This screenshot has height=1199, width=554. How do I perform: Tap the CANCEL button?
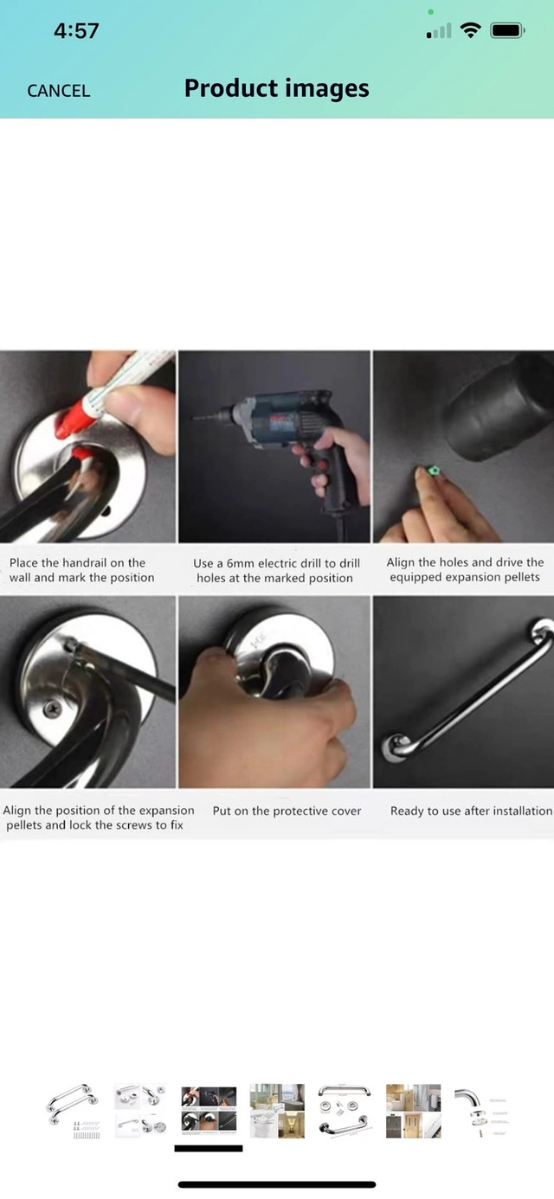click(58, 91)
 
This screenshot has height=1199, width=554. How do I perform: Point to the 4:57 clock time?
click(76, 30)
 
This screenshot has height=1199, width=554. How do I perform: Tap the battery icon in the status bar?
click(507, 30)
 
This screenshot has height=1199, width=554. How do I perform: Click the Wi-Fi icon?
click(470, 30)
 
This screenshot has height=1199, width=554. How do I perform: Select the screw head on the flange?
click(53, 709)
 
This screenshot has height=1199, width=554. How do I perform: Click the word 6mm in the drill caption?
click(240, 563)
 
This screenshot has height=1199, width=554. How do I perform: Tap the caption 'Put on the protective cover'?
click(287, 811)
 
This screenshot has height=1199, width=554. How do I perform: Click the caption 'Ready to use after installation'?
click(471, 811)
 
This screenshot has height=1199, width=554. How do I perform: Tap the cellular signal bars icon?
click(439, 31)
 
